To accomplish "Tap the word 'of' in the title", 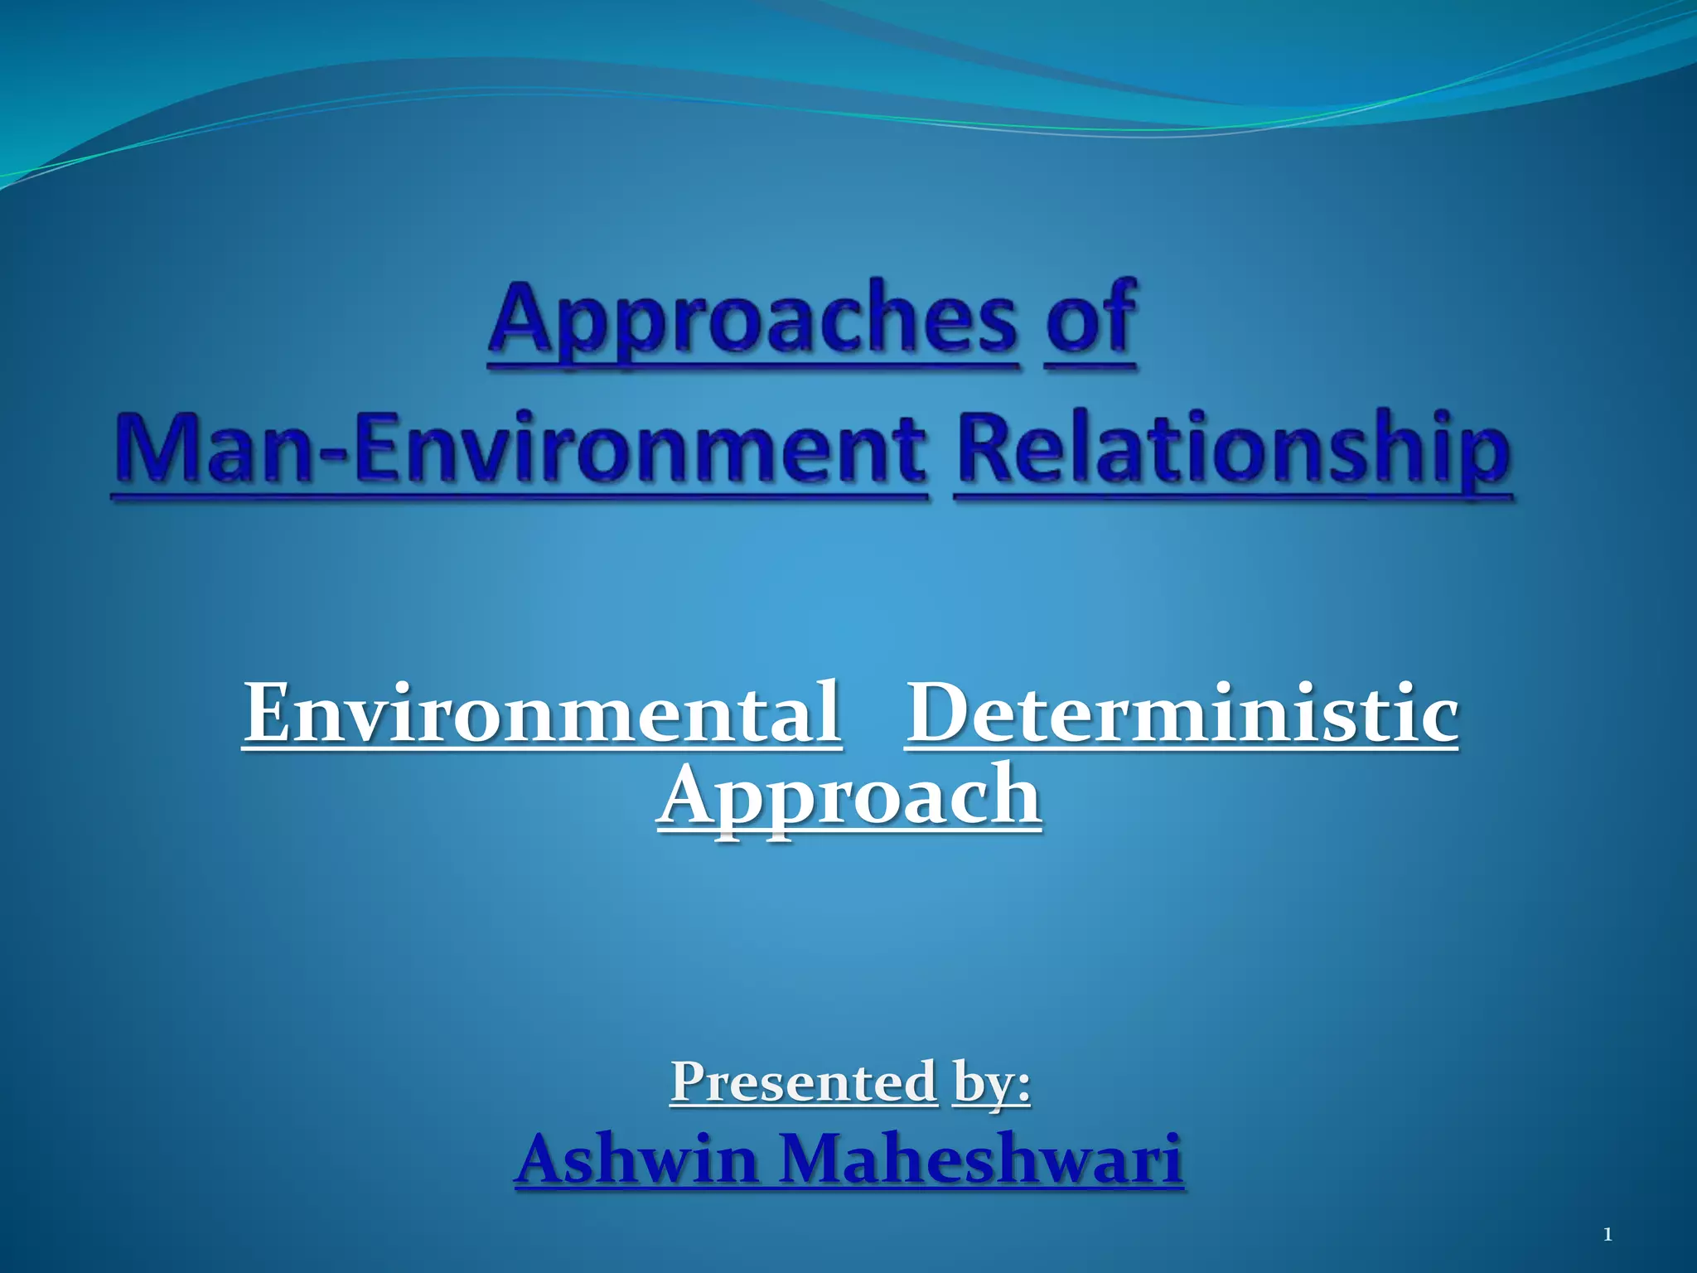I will pyautogui.click(x=1090, y=319).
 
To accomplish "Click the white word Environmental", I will pyautogui.click(x=542, y=713).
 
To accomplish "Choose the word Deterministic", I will pyautogui.click(x=1182, y=713).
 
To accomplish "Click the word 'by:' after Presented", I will pyautogui.click(x=992, y=1082).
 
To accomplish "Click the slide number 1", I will pyautogui.click(x=1608, y=1236).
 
